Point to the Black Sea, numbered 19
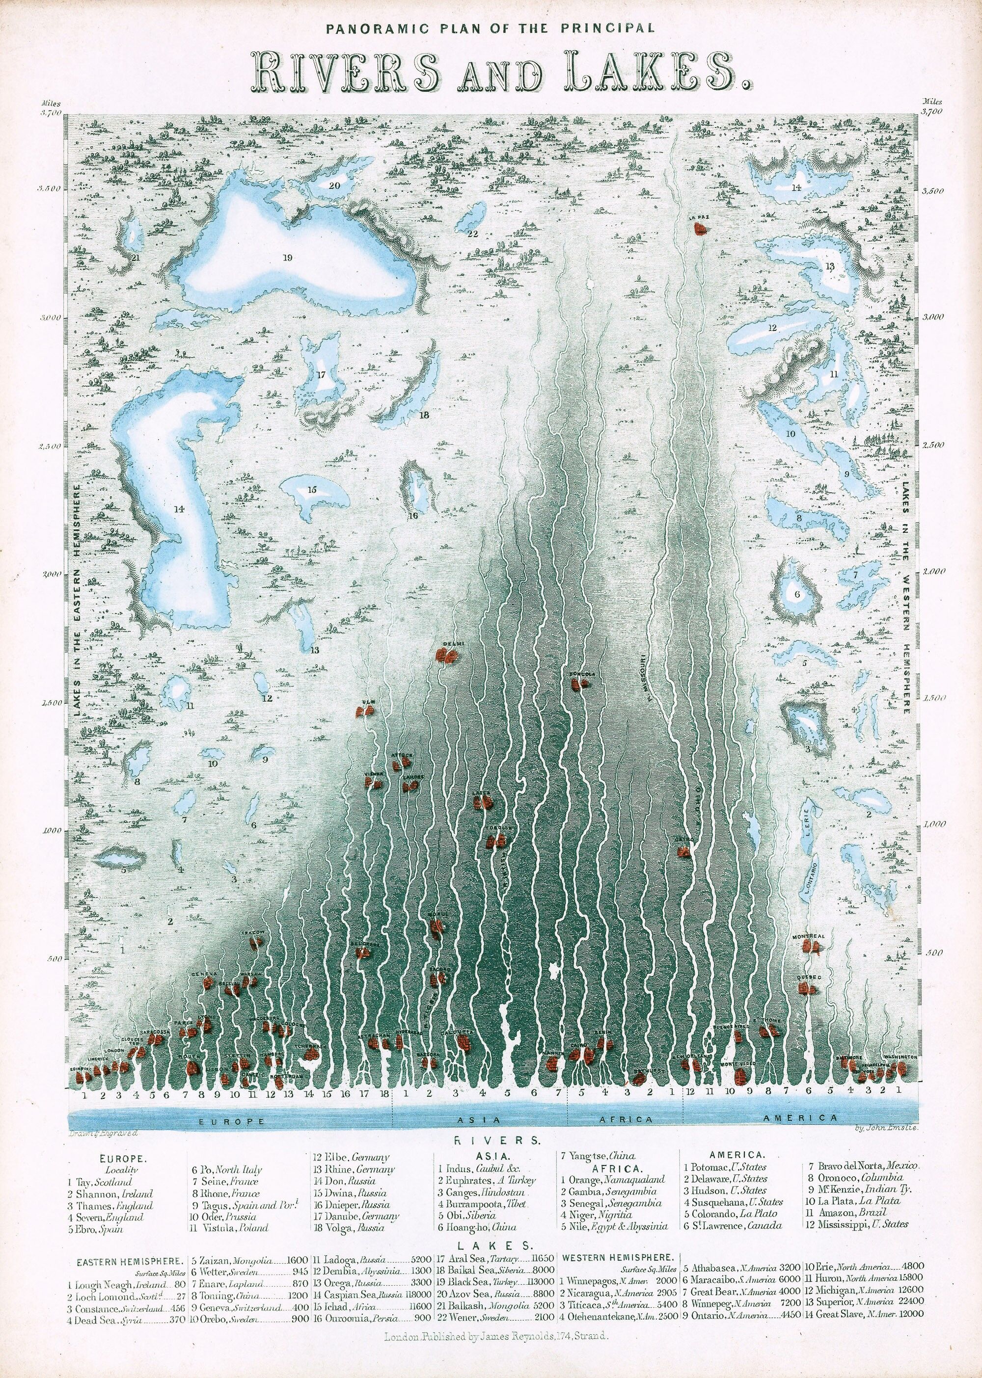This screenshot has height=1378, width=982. [288, 259]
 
